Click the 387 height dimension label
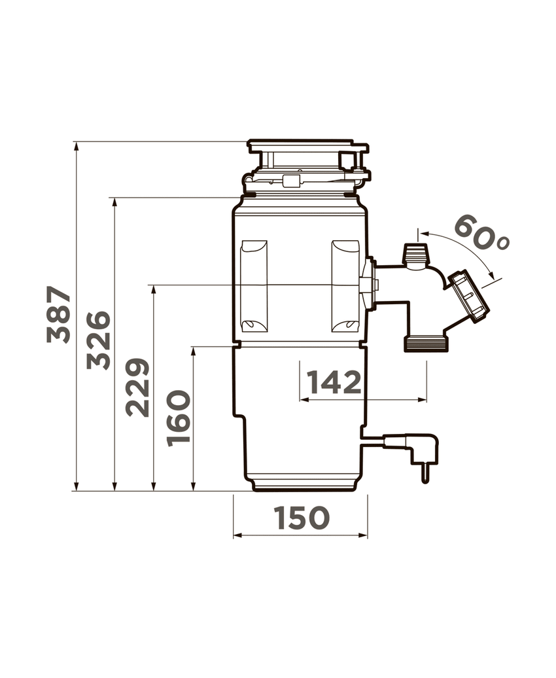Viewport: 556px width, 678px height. pyautogui.click(x=59, y=314)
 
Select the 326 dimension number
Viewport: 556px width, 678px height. pyautogui.click(x=98, y=340)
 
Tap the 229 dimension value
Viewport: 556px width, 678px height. pyautogui.click(x=138, y=387)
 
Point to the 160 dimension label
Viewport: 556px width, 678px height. pyautogui.click(x=178, y=418)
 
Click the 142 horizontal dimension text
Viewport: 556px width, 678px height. pyautogui.click(x=334, y=382)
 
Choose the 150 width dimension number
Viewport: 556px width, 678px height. pyautogui.click(x=302, y=518)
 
